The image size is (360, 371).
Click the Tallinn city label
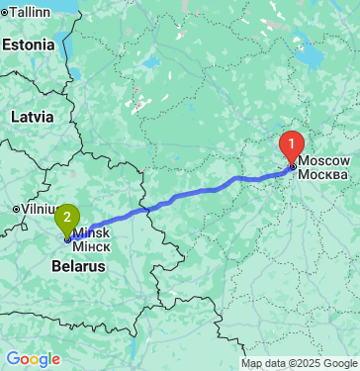point(31,11)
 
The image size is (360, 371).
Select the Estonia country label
point(28,45)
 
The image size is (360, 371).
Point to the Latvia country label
point(32,116)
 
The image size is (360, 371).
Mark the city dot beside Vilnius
point(15,209)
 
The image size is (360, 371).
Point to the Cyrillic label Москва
point(322,174)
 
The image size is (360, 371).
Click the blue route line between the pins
point(178,199)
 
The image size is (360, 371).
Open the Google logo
point(33,358)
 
